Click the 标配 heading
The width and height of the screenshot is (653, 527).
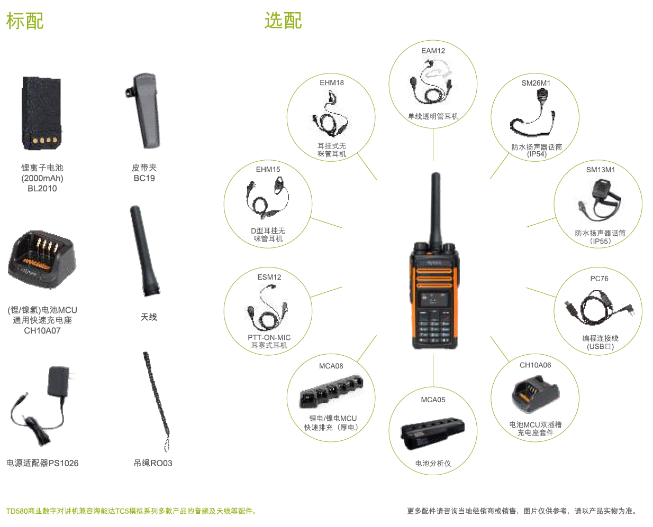click(x=25, y=21)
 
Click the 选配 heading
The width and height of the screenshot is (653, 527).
click(x=283, y=21)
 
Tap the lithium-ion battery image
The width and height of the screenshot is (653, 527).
click(x=42, y=113)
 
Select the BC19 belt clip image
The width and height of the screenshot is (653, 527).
click(x=143, y=111)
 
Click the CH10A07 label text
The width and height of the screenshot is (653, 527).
click(x=42, y=331)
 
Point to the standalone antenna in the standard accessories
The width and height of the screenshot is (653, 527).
click(x=144, y=251)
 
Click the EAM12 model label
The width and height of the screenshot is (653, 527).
click(x=433, y=51)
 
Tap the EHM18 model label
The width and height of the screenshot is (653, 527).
click(x=332, y=82)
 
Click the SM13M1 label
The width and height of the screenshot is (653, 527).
click(x=601, y=170)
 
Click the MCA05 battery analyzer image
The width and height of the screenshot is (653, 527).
click(x=432, y=433)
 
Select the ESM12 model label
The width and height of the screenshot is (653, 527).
click(x=269, y=277)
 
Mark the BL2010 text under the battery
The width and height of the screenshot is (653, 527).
click(x=42, y=189)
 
